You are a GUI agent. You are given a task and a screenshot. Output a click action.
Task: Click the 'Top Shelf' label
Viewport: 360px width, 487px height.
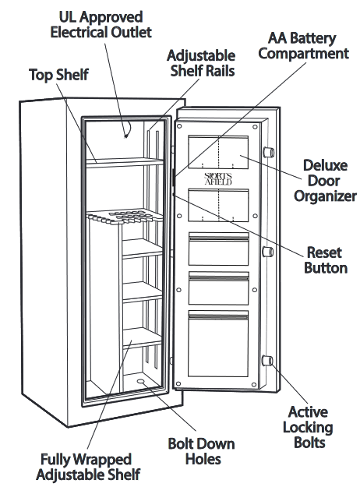pyautogui.click(x=58, y=75)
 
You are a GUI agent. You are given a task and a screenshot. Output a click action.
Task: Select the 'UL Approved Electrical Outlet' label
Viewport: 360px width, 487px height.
pyautogui.click(x=101, y=24)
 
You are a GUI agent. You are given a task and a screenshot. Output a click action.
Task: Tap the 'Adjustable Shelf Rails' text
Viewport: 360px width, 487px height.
pyautogui.click(x=201, y=63)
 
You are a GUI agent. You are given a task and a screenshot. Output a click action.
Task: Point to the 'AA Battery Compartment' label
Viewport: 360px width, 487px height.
pyautogui.click(x=303, y=46)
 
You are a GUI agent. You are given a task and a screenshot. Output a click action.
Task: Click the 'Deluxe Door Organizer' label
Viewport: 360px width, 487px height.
pyautogui.click(x=325, y=181)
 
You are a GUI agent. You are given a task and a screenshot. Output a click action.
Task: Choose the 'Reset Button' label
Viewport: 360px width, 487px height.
pyautogui.click(x=325, y=260)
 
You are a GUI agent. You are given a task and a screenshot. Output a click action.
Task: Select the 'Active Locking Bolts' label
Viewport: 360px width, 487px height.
pyautogui.click(x=308, y=427)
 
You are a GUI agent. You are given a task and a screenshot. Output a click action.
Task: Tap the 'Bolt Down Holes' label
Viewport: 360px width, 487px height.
pyautogui.click(x=201, y=451)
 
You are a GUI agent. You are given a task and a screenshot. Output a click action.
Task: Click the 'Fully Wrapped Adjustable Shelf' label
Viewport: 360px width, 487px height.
pyautogui.click(x=88, y=467)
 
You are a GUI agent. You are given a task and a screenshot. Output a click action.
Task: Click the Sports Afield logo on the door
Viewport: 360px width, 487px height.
pyautogui.click(x=218, y=179)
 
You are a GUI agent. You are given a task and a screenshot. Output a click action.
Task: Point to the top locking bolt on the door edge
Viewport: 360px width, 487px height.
pyautogui.click(x=268, y=152)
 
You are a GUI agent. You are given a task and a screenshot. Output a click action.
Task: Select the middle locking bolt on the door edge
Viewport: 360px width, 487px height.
pyautogui.click(x=268, y=252)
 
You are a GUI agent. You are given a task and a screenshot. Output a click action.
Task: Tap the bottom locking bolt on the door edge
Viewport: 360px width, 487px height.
pyautogui.click(x=268, y=361)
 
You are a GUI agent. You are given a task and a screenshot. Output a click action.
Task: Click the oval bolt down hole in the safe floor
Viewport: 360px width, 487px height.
pyautogui.click(x=141, y=381)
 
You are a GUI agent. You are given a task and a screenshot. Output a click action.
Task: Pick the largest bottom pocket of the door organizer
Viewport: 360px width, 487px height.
pyautogui.click(x=218, y=344)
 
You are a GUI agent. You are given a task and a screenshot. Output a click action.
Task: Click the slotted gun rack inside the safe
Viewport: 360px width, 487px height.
pyautogui.click(x=125, y=216)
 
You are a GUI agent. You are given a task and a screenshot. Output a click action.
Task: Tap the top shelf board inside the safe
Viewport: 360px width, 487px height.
pyautogui.click(x=125, y=162)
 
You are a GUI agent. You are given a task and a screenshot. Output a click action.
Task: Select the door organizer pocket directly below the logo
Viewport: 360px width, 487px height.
pyautogui.click(x=218, y=205)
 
